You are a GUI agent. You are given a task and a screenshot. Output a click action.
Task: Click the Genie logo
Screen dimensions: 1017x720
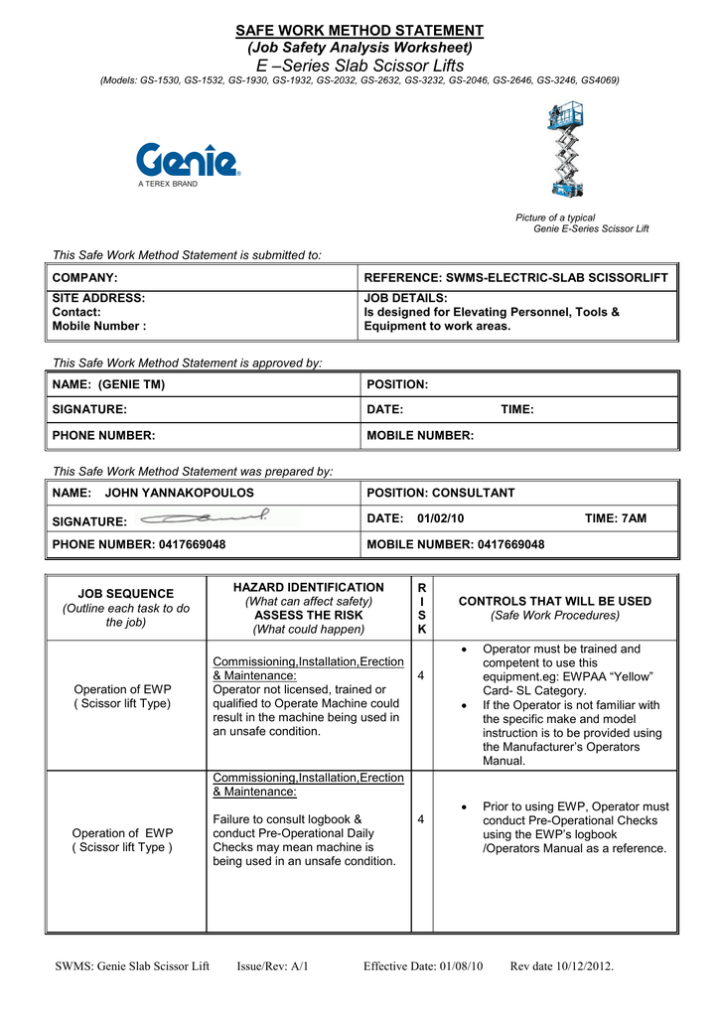coord(187,161)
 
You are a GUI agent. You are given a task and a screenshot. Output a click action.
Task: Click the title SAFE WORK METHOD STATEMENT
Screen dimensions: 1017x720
coord(359,31)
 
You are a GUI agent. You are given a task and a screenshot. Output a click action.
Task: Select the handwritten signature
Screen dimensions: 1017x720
coord(206,517)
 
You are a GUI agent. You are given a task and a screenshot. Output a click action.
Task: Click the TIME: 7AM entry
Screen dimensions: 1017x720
coord(615,518)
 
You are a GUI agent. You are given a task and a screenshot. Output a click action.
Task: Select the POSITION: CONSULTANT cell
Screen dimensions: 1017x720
coord(441,493)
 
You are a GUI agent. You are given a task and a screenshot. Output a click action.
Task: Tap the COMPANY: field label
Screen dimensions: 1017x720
coord(84,277)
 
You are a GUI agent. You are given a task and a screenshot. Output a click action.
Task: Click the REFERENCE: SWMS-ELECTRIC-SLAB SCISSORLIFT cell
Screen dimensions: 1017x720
coord(516,277)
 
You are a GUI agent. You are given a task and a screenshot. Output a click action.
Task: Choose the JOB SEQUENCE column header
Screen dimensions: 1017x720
coord(126,593)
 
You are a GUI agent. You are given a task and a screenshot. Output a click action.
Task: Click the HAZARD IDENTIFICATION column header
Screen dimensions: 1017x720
coord(308,588)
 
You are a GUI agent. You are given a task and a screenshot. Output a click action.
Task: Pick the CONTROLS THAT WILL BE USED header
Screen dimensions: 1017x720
coord(555,601)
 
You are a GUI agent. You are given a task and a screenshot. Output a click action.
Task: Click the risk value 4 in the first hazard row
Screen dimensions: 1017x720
coord(421,676)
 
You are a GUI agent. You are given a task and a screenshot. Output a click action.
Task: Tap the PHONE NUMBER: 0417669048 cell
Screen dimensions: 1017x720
coord(139,544)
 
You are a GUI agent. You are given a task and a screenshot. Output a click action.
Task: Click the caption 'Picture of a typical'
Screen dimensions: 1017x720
coord(555,218)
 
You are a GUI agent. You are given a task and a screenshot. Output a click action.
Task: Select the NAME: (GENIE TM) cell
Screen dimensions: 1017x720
coord(108,384)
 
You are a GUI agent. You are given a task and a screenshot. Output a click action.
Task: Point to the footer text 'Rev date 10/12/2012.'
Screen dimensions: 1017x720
coord(562,966)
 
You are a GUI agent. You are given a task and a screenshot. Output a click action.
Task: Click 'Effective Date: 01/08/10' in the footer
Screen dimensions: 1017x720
coord(423,966)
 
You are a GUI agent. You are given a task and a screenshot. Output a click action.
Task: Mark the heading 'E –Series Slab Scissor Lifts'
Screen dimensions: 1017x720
coord(359,65)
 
